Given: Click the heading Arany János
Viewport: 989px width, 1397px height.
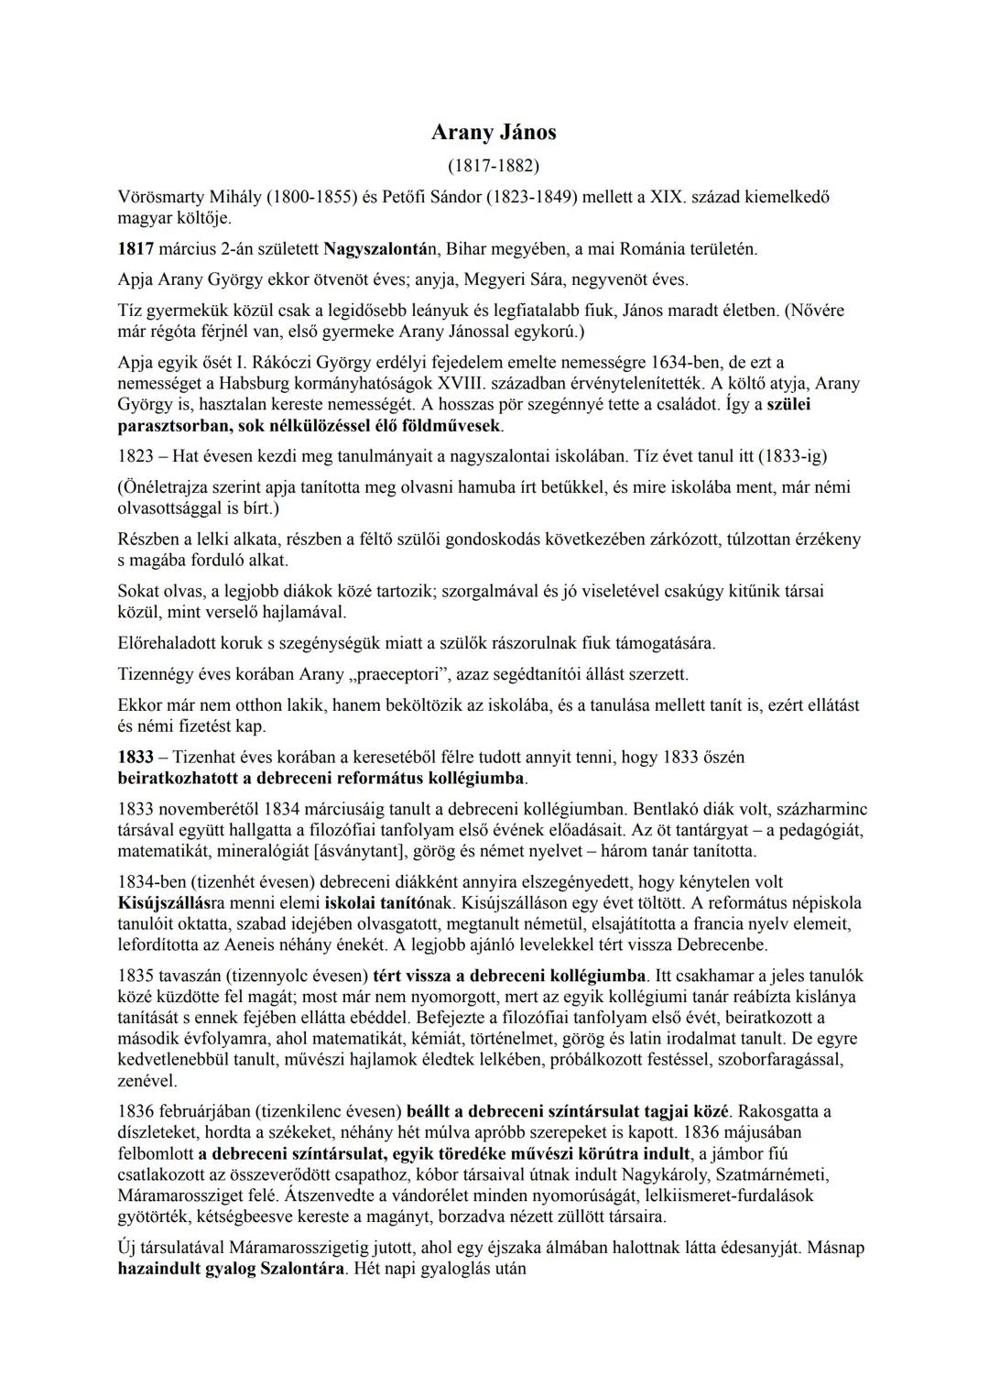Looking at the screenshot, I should [494, 133].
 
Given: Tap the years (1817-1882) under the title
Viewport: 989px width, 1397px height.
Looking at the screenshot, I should [494, 166].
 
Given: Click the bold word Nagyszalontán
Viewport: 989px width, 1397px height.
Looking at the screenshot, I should [375, 249].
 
